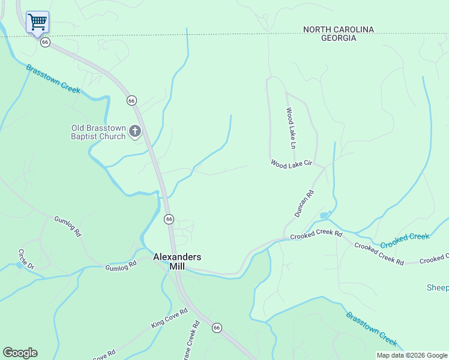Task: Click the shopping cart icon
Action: (37, 22)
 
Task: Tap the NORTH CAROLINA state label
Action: (338, 29)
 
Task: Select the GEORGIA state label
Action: (338, 38)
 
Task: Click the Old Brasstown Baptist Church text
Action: (99, 132)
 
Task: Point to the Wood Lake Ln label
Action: (291, 128)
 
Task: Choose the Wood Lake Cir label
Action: (292, 163)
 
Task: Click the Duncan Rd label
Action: (304, 203)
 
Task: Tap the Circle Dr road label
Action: (27, 258)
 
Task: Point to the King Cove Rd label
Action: (169, 318)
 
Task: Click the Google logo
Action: (20, 353)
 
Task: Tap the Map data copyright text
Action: (412, 355)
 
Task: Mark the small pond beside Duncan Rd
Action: (324, 215)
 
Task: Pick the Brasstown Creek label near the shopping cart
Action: (53, 78)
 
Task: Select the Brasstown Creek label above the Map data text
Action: (371, 329)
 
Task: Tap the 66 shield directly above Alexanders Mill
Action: (169, 219)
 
